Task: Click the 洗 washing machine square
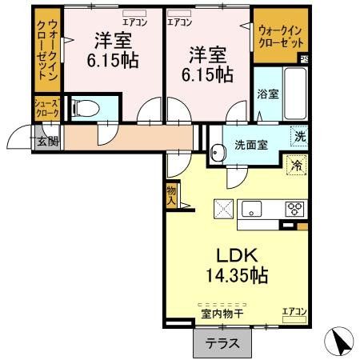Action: (298, 136)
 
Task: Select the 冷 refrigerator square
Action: (296, 166)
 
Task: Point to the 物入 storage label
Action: (171, 194)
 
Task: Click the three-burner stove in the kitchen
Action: (294, 210)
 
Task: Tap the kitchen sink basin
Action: (253, 210)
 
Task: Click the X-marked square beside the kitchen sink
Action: (223, 209)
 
